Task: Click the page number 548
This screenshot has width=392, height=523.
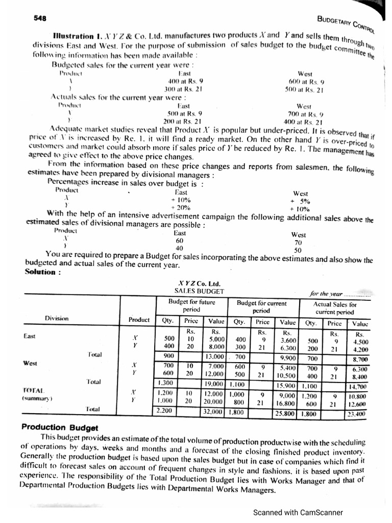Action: click(40, 18)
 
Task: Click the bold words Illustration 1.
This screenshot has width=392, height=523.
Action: click(77, 37)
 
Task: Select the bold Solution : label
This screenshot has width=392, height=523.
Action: click(43, 272)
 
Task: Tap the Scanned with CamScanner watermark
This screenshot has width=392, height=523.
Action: click(298, 513)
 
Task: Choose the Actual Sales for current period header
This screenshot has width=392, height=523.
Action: click(335, 307)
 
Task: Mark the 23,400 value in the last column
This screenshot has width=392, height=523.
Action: click(357, 414)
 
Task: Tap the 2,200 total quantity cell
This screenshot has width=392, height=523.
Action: click(164, 410)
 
